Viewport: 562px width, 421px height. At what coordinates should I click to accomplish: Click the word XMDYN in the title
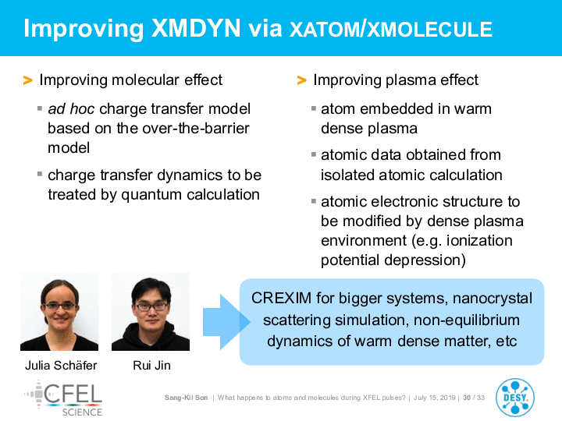[x=196, y=28]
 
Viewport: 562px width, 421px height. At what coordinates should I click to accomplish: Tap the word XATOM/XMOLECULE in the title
[x=391, y=30]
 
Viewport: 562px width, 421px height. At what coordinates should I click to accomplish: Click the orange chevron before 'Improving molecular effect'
[x=28, y=80]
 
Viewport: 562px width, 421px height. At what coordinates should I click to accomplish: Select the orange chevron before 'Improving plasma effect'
[x=302, y=80]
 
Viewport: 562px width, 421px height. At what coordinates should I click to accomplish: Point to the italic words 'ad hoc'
[x=71, y=109]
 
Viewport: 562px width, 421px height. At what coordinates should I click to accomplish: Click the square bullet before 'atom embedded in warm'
[x=314, y=108]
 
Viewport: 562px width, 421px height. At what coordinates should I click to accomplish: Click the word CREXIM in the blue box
[x=281, y=298]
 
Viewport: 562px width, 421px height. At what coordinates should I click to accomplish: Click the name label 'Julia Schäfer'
[x=61, y=365]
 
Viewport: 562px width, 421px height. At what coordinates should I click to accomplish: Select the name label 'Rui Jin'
[x=151, y=365]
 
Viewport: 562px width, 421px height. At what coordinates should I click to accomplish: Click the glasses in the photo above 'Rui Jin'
[x=151, y=307]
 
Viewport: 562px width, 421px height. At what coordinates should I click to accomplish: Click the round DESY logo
[x=515, y=398]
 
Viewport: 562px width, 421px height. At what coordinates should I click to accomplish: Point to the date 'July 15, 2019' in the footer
[x=435, y=398]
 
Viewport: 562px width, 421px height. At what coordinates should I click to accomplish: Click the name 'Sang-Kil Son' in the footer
[x=186, y=398]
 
